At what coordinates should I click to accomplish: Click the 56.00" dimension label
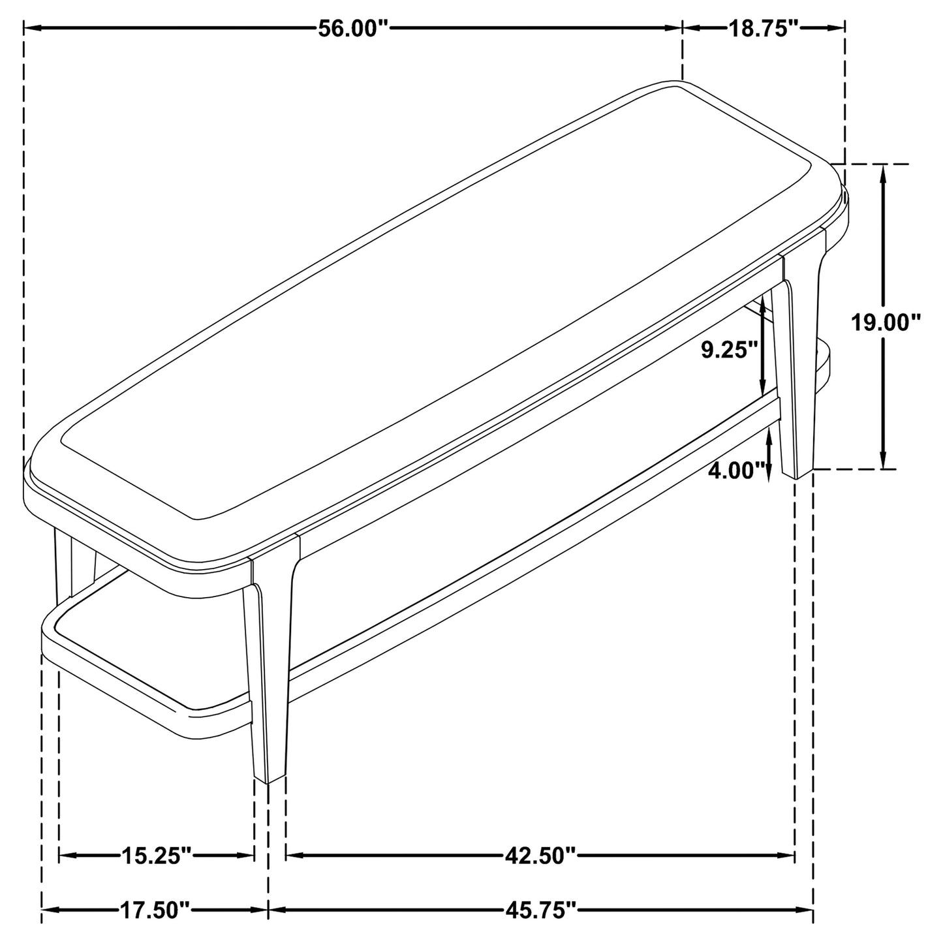click(x=353, y=29)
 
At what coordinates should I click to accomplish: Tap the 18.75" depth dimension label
click(x=764, y=29)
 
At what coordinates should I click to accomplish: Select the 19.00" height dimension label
click(x=886, y=323)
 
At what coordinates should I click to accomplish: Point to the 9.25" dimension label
click(x=729, y=350)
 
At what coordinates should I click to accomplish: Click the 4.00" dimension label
click(x=736, y=471)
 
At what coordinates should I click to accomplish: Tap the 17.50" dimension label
click(x=155, y=910)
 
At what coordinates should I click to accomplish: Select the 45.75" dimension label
click(x=540, y=910)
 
